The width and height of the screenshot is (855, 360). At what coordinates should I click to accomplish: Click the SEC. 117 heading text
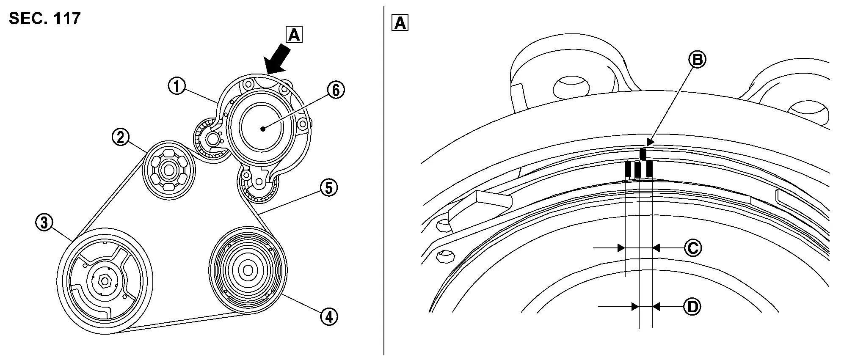[x=44, y=19]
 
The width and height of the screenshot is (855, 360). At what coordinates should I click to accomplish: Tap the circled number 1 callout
[x=177, y=87]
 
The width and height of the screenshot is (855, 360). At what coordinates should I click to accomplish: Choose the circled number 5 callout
[x=329, y=188]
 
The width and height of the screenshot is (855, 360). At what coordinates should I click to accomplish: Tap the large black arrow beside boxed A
[x=277, y=59]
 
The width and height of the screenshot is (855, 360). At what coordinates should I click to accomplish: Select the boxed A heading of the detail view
[x=400, y=23]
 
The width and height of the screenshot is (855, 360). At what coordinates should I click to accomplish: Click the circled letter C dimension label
[x=692, y=248]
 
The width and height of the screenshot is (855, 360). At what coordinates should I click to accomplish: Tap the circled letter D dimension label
[x=692, y=307]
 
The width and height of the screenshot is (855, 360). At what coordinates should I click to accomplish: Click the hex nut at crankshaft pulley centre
[x=105, y=280]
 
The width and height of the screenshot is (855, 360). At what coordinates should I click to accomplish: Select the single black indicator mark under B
[x=643, y=154]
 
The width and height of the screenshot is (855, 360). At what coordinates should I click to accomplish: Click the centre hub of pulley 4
[x=248, y=269]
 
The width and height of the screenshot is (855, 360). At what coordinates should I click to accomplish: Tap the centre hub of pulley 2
[x=169, y=170]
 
